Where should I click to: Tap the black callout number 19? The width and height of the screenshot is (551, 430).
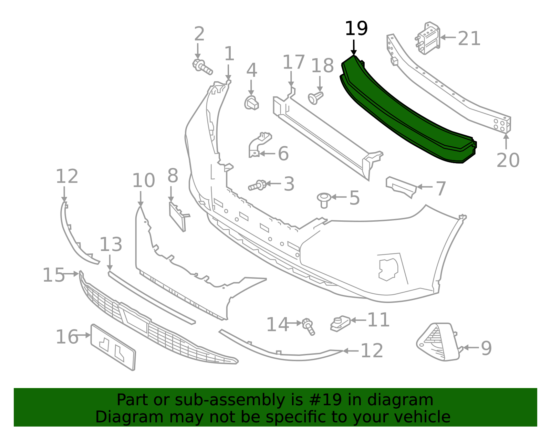pyautogui.click(x=356, y=29)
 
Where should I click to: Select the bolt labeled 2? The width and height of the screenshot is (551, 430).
pyautogui.click(x=202, y=67)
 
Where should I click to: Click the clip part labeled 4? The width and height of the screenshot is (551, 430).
pyautogui.click(x=252, y=103)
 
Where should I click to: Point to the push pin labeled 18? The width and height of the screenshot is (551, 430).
pyautogui.click(x=315, y=98)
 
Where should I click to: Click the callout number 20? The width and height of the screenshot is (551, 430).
pyautogui.click(x=508, y=160)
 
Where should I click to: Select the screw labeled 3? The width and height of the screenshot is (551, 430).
pyautogui.click(x=257, y=186)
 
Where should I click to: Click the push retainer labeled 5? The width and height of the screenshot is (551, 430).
pyautogui.click(x=324, y=199)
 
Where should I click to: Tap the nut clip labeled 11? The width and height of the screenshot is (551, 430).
pyautogui.click(x=340, y=323)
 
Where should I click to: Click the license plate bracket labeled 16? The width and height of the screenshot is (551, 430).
pyautogui.click(x=113, y=347)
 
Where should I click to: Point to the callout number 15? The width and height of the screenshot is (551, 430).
pyautogui.click(x=53, y=275)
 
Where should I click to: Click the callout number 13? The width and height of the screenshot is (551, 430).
pyautogui.click(x=111, y=245)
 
